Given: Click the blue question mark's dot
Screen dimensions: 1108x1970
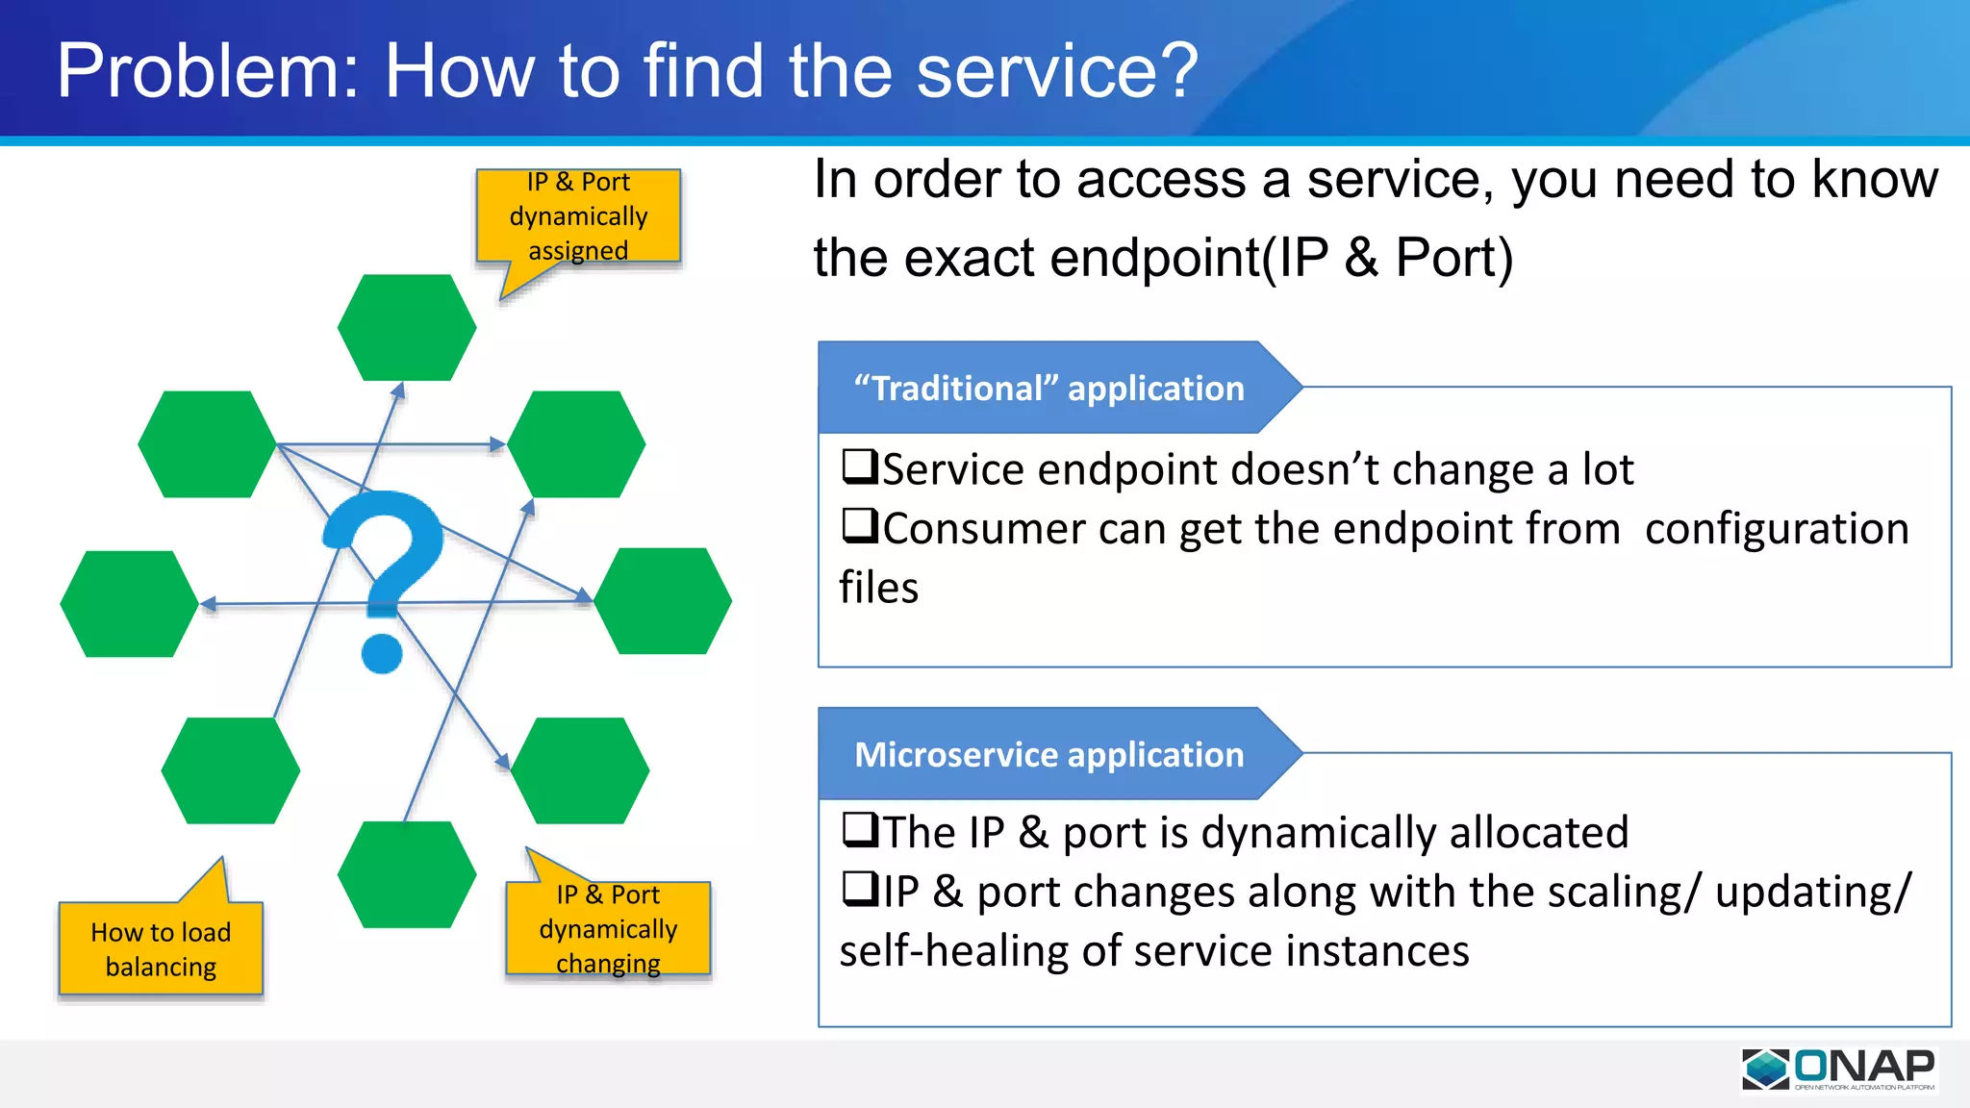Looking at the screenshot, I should tap(382, 653).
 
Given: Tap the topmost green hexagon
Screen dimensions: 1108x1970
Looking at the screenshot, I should tap(407, 328).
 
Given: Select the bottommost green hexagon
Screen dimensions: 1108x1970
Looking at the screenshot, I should tap(407, 874).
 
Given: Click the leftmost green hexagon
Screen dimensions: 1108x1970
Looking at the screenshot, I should tap(129, 604).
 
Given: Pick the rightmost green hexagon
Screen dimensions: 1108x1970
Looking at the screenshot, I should tap(663, 601).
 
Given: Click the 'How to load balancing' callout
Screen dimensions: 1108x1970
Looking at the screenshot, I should tap(161, 948).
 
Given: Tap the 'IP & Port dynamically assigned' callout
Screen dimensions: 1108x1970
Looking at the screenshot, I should tap(578, 216).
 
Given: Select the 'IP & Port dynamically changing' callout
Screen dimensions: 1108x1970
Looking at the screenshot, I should tap(608, 928).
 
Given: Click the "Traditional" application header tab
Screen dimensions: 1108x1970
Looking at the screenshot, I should tap(1048, 388).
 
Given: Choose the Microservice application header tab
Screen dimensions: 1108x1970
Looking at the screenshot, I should tap(1048, 754).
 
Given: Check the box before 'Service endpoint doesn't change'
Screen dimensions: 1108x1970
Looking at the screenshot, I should tap(859, 466).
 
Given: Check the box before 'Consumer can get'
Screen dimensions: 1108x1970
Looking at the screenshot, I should tap(859, 526).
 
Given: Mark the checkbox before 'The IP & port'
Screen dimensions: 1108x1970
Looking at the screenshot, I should tap(859, 829).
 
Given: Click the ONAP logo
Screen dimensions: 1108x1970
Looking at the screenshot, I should tap(1838, 1069).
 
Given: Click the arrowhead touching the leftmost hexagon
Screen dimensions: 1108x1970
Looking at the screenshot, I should tap(207, 604).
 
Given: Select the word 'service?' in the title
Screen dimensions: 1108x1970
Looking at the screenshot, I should tap(1057, 71).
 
